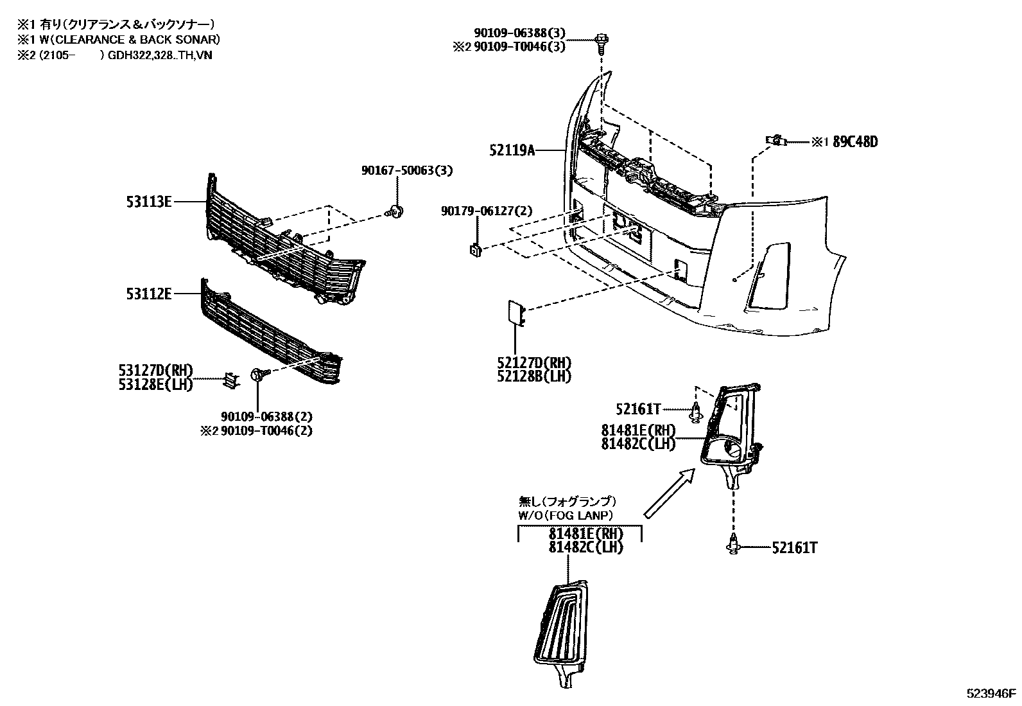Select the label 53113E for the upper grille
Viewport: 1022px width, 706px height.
149,202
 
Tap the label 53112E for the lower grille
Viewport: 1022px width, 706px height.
149,294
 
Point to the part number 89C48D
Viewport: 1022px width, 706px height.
855,142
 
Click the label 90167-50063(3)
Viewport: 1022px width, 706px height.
406,171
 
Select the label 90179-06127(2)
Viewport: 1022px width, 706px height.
486,211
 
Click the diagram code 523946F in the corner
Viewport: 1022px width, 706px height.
992,693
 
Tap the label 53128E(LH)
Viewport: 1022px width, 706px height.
155,384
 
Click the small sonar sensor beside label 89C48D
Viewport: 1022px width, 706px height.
775,139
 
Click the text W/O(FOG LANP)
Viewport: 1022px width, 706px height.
566,515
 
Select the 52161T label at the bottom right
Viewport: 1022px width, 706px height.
795,548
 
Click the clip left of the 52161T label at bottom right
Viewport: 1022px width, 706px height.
732,544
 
